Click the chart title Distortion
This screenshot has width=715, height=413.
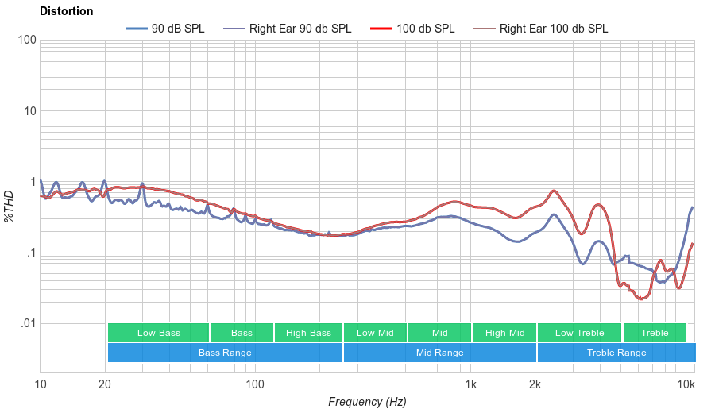[x=66, y=12]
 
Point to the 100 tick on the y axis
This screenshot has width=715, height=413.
[x=27, y=41]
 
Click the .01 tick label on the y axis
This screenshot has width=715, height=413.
[x=27, y=324]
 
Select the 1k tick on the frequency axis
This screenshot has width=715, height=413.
[x=470, y=385]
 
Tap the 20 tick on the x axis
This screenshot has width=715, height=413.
[x=105, y=385]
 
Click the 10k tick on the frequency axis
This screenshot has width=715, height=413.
[x=686, y=385]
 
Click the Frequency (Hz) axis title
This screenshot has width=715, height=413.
[x=367, y=402]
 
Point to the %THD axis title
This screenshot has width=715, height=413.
[x=10, y=206]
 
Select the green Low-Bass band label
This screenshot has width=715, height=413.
[x=158, y=333]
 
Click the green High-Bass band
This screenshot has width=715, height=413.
[x=308, y=333]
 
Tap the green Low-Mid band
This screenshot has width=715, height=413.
[x=375, y=333]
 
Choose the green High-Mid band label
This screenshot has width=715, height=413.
[x=504, y=333]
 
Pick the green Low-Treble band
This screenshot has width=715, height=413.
[x=579, y=333]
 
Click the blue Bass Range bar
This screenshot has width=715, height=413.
[x=225, y=353]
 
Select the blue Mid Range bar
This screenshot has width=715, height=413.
[x=439, y=353]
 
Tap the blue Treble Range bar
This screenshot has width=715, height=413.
[x=616, y=353]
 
